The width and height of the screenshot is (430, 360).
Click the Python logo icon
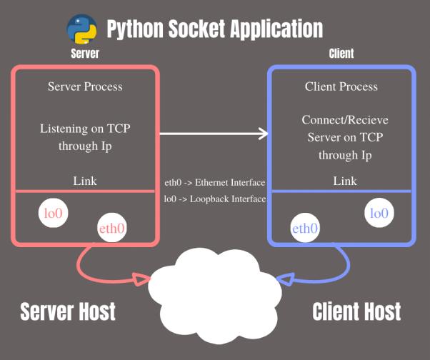(82, 29)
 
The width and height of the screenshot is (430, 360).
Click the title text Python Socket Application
(214, 29)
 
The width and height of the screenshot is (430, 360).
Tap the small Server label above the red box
(84, 54)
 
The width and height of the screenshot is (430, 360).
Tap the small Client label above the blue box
(341, 54)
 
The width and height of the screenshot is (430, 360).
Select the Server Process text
(85, 86)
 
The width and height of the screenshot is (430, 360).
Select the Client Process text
(341, 86)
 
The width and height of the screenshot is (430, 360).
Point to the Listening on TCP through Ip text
(85, 137)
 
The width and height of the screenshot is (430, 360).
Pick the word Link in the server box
(85, 181)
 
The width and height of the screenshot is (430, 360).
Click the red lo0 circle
(53, 214)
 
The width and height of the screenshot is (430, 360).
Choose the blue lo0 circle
(378, 213)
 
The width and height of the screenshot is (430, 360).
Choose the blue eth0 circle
(305, 229)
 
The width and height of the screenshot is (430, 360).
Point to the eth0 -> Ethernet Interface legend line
(214, 183)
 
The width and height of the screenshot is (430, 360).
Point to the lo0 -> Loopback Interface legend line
(214, 199)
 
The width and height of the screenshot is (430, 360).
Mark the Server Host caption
(68, 311)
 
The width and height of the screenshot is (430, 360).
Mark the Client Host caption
(356, 311)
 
